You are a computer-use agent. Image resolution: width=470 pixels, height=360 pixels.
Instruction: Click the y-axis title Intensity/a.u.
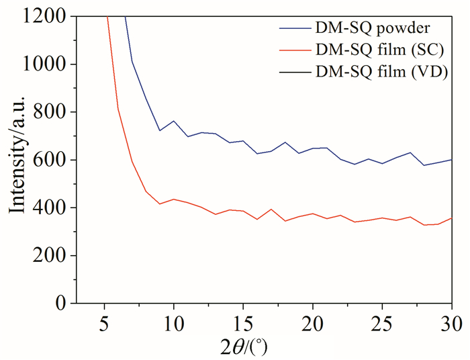point(18,159)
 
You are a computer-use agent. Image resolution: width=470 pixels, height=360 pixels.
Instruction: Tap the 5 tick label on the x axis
point(105,320)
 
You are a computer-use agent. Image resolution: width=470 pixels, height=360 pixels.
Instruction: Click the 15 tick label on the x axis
point(243,320)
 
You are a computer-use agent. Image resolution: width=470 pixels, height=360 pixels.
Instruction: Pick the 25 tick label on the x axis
point(381,320)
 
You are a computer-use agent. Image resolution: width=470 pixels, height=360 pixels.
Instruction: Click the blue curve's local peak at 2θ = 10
point(174,122)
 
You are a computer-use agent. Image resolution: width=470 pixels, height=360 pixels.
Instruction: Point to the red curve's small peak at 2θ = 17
point(271,210)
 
